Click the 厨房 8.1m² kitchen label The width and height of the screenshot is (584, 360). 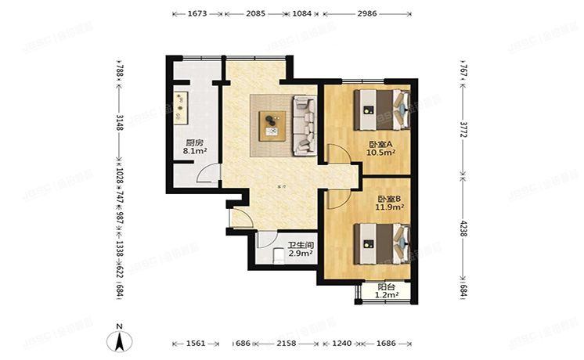click(x=193, y=147)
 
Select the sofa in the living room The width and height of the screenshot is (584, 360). click(x=303, y=125)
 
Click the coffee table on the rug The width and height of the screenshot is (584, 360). click(x=272, y=124)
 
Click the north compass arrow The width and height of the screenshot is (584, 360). click(x=118, y=340)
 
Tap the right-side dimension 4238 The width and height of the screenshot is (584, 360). click(x=463, y=229)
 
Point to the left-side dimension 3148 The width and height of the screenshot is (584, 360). click(x=119, y=122)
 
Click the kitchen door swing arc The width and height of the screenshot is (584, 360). click(x=204, y=175)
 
